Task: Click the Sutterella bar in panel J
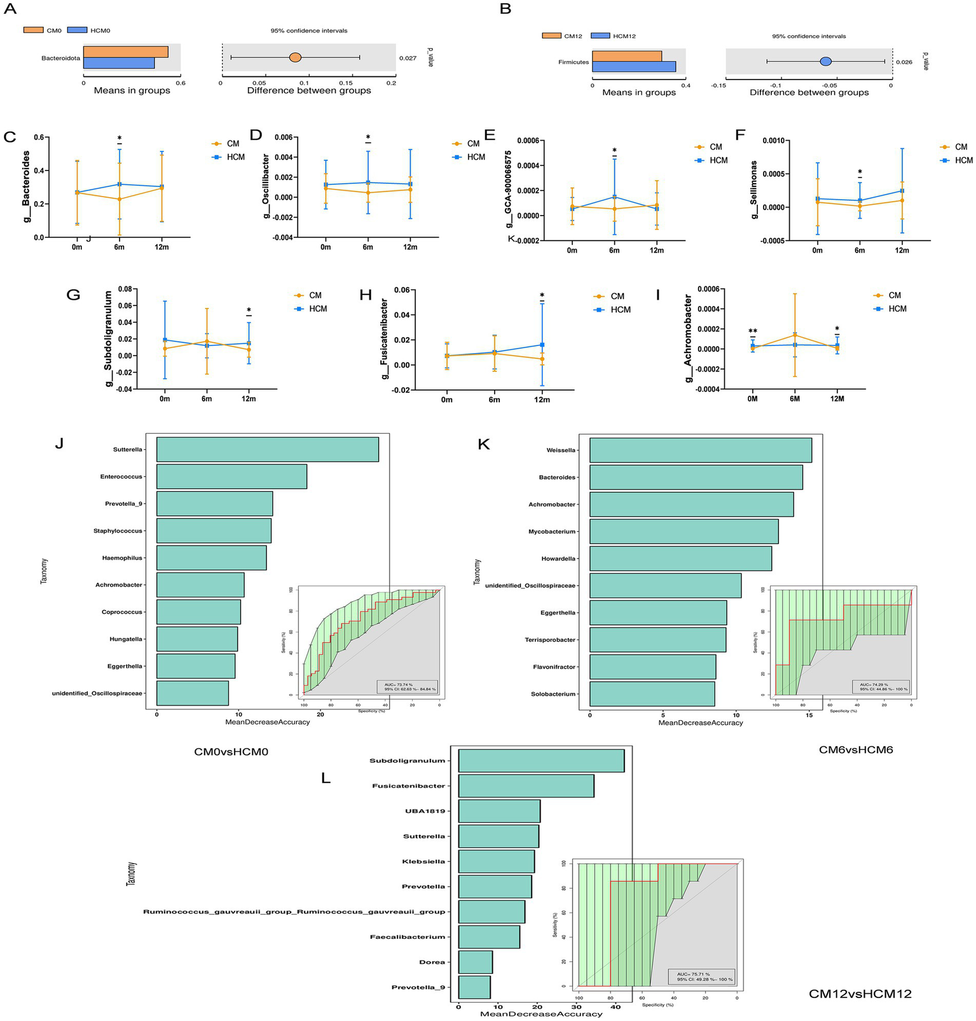tap(267, 449)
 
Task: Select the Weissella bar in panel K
tap(700, 450)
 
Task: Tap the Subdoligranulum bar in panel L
tap(540, 761)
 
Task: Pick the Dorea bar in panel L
tap(475, 962)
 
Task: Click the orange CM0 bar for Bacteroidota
tap(125, 52)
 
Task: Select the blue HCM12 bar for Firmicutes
tap(633, 67)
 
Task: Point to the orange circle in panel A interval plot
tap(295, 57)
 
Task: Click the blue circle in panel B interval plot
tap(825, 61)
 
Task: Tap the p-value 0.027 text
tap(408, 58)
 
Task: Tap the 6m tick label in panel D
tap(368, 247)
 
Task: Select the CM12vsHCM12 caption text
tap(860, 994)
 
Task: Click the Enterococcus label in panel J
tap(121, 476)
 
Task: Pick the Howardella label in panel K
tap(558, 559)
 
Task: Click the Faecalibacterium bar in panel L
tap(488, 937)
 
